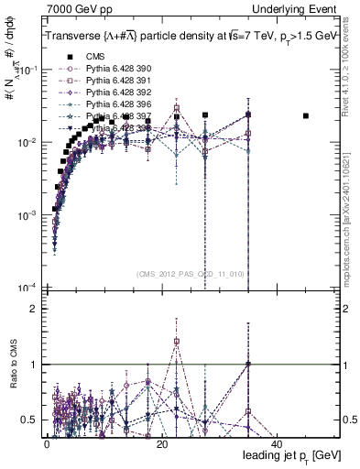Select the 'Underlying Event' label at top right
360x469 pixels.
tap(299, 8)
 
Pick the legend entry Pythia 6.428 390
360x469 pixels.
tap(114, 69)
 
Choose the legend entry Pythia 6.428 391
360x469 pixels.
tap(114, 81)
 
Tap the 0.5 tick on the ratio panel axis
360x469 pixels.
tap(33, 420)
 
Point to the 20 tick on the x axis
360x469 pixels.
tap(161, 443)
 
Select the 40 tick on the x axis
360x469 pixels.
tap(277, 443)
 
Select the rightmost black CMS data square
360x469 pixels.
tap(306, 115)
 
